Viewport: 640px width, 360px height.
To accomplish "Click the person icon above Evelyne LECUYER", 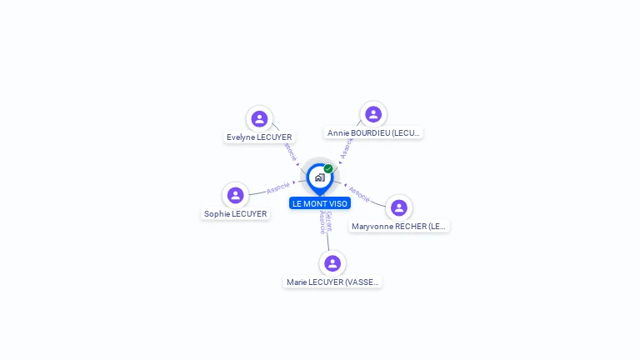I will click(259, 119).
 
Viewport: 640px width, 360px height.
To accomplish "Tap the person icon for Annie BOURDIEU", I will click(373, 114).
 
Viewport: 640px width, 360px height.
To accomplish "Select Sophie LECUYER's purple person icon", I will click(236, 195).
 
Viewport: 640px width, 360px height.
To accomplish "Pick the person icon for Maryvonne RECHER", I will click(399, 207).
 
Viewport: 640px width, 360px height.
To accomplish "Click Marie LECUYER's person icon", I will click(332, 263).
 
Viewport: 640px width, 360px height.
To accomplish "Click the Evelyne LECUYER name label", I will click(259, 137).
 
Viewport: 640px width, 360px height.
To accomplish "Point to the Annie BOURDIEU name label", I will click(373, 132).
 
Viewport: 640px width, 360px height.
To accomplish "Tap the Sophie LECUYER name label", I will click(236, 213).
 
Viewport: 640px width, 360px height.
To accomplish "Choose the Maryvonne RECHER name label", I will click(399, 226).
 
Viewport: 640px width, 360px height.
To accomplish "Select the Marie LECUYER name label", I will click(332, 282).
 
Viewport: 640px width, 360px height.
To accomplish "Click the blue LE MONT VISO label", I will click(320, 203).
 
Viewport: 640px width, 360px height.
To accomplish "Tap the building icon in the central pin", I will click(319, 177).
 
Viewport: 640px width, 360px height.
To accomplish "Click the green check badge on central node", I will click(328, 169).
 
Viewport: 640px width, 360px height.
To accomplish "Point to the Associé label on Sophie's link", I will click(278, 188).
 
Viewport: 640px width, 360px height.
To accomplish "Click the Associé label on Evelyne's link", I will click(289, 152).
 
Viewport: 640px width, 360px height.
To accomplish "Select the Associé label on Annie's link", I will click(347, 148).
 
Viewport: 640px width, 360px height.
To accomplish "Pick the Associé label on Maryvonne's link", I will click(359, 194).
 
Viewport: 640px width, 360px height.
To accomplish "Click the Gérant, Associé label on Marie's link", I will click(326, 222).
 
